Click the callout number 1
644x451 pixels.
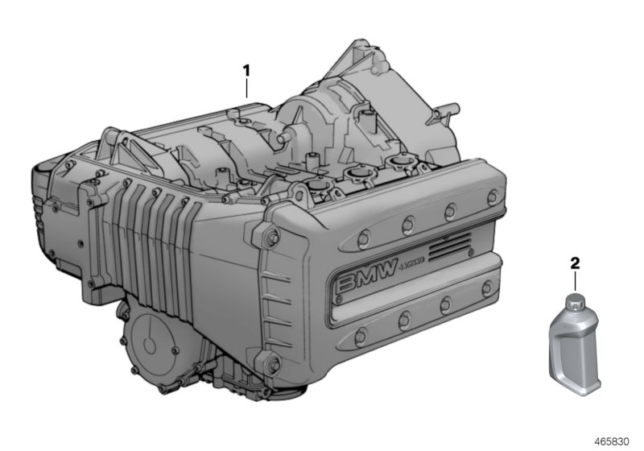pos(246,70)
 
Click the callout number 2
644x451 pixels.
pos(575,263)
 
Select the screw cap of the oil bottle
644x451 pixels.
pos(573,303)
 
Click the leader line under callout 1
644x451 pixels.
pos(246,89)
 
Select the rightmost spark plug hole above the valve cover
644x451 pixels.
pos(399,164)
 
